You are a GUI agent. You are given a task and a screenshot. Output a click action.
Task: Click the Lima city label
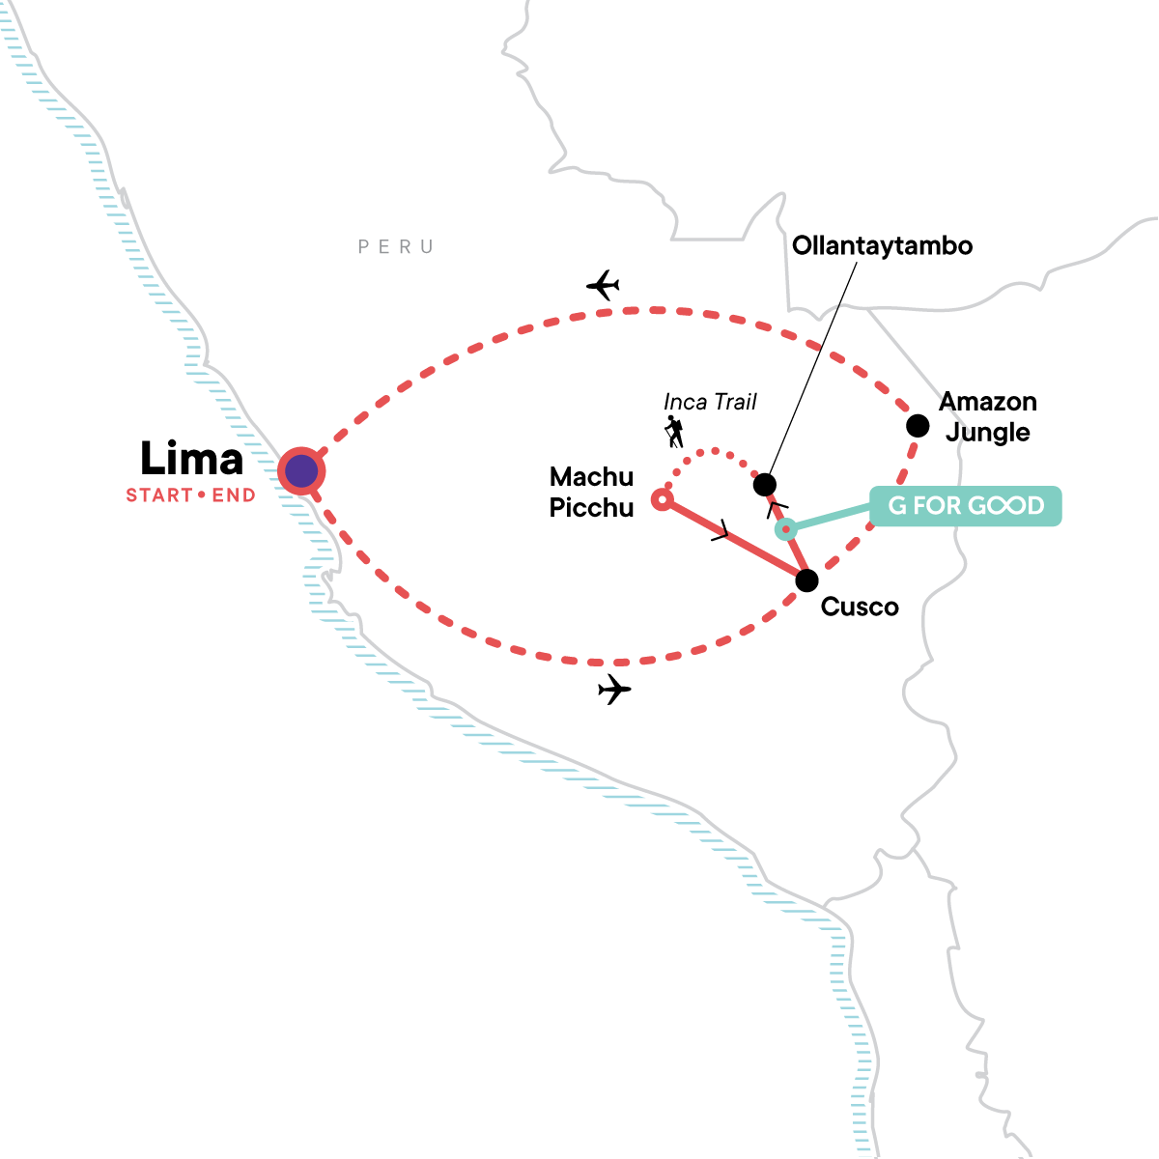pyautogui.click(x=192, y=459)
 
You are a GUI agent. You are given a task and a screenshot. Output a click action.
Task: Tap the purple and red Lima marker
pyautogui.click(x=301, y=471)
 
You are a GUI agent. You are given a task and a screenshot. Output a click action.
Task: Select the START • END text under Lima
pyautogui.click(x=190, y=495)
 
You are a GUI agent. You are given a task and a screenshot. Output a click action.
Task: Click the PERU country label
pyautogui.click(x=396, y=246)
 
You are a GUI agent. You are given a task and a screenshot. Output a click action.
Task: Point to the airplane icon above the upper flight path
pyautogui.click(x=604, y=285)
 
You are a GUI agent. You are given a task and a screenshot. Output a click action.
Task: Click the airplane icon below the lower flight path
pyautogui.click(x=614, y=689)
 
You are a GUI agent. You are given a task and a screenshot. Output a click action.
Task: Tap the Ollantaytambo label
pyautogui.click(x=882, y=246)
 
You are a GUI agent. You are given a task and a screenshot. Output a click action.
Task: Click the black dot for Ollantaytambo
pyautogui.click(x=764, y=484)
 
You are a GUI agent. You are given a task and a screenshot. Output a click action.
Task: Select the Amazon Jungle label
pyautogui.click(x=988, y=417)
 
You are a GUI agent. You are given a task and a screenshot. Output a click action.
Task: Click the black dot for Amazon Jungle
pyautogui.click(x=918, y=426)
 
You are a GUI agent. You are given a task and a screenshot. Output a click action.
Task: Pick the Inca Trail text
pyautogui.click(x=710, y=402)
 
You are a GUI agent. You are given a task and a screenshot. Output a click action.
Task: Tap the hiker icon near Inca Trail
pyautogui.click(x=674, y=431)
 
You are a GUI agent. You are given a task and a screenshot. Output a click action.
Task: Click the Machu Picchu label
pyautogui.click(x=591, y=492)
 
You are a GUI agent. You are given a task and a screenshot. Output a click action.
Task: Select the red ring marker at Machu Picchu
pyautogui.click(x=663, y=499)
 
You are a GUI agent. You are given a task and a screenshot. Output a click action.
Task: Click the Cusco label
pyautogui.click(x=860, y=607)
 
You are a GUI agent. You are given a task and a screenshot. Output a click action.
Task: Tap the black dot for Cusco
pyautogui.click(x=806, y=580)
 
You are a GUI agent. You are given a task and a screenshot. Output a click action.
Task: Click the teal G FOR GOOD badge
pyautogui.click(x=965, y=506)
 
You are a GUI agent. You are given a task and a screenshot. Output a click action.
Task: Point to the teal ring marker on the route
pyautogui.click(x=785, y=529)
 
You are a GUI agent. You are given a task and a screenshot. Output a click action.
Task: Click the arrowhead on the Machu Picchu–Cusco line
pyautogui.click(x=721, y=529)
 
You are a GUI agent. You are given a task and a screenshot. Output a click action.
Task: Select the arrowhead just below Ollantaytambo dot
pyautogui.click(x=777, y=509)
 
